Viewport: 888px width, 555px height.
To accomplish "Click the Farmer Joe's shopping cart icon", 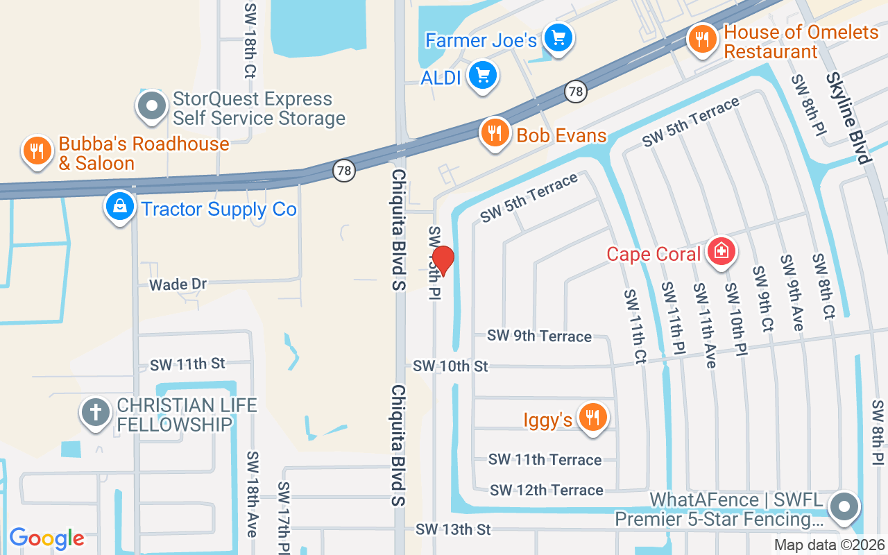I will point(557,38).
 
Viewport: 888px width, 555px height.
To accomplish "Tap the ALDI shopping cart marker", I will point(483,76).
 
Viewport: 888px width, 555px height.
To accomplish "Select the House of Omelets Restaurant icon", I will point(703,40).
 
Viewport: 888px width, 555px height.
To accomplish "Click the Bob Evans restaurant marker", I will point(494,133).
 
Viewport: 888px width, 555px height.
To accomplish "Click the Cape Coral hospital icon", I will point(721,251).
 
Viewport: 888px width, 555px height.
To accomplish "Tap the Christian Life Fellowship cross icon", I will point(96,413).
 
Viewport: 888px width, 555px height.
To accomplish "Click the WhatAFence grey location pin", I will point(844,507).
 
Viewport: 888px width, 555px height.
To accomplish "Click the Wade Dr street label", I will point(178,284).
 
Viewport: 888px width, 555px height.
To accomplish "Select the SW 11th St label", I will point(188,364).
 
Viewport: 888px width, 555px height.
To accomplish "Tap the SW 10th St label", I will point(451,366).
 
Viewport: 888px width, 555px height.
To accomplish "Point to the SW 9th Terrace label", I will point(539,336).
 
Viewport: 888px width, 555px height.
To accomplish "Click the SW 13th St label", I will point(453,529).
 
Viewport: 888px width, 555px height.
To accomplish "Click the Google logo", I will point(46,538).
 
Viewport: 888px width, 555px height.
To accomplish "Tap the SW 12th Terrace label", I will point(546,490).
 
